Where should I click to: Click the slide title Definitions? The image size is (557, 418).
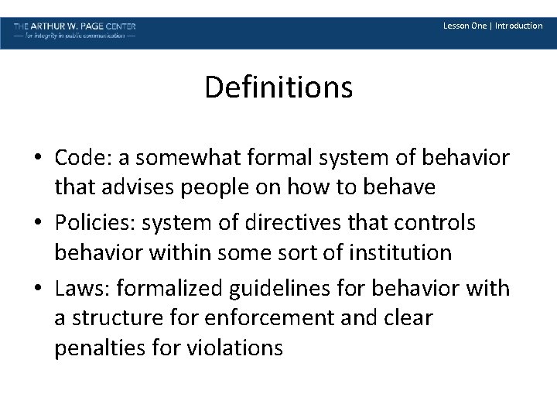pos(278,87)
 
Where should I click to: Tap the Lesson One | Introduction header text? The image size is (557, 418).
pos(492,26)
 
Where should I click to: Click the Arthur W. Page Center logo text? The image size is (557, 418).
pos(75,26)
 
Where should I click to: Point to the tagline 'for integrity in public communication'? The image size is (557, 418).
pos(75,36)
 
